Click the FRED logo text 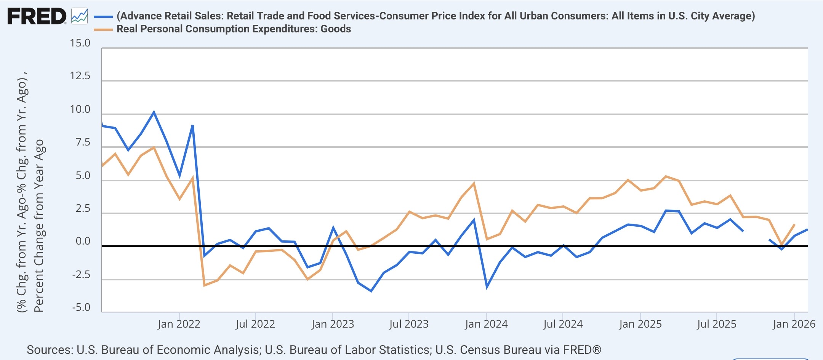37,16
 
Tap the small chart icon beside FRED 79,16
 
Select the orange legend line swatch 103,29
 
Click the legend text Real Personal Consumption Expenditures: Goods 234,29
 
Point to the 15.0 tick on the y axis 80,43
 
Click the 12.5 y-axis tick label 80,76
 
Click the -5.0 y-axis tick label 81,307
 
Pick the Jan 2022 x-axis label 179,324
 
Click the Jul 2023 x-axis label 409,324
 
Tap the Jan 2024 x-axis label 486,324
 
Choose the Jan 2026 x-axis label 794,324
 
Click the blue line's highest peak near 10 154,112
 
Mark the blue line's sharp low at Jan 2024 487,287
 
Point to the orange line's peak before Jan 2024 474,184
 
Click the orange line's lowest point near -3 204,285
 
